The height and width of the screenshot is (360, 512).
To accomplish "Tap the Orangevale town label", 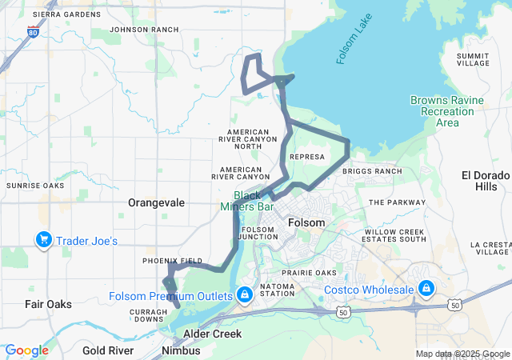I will tap(157, 203).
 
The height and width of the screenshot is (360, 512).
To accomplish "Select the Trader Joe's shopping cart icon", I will tap(43, 240).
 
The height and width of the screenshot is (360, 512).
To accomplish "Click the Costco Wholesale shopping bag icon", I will tap(426, 289).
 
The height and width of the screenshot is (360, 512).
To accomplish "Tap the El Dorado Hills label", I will tap(485, 181).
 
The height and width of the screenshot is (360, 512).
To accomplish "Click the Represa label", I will tap(308, 158).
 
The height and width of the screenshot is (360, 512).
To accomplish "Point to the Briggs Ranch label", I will tap(372, 171).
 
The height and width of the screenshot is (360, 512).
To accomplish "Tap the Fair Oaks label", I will tap(48, 304).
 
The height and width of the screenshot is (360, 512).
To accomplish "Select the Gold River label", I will tap(108, 350).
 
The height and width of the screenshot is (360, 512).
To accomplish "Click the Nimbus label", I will tap(181, 350).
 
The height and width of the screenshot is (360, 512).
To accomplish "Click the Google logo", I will tap(26, 350).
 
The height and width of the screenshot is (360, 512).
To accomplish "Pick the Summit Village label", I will tap(472, 60).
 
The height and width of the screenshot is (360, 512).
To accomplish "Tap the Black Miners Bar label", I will tap(254, 201).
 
